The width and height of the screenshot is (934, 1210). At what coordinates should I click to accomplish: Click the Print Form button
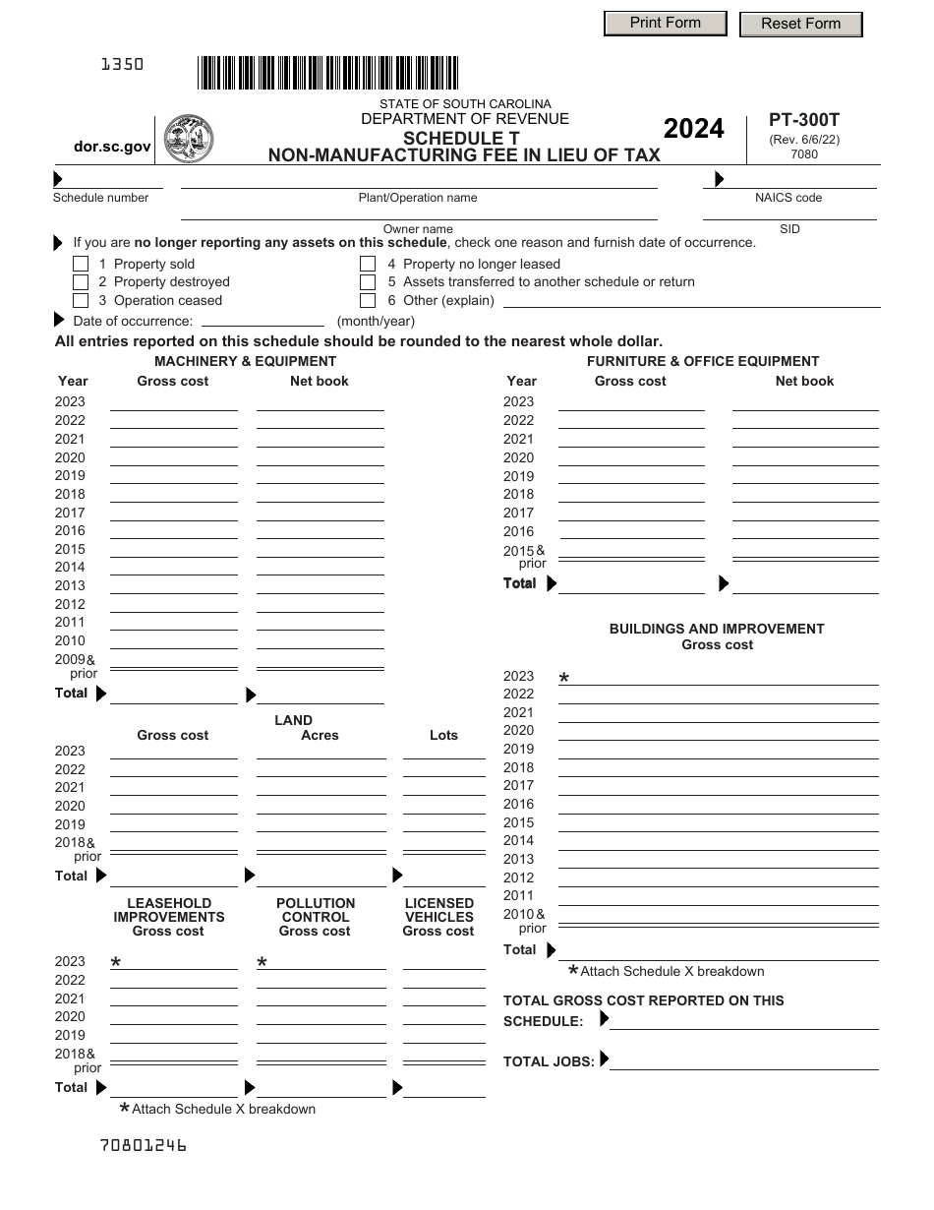pos(665,23)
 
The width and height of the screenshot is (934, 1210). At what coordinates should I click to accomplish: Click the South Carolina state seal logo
pos(188,138)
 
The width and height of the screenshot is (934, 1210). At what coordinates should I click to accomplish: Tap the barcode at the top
pos(327,74)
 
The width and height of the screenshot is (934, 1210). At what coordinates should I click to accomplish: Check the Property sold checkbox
pos(81,264)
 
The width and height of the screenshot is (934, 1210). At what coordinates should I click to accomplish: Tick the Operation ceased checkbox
pos(81,301)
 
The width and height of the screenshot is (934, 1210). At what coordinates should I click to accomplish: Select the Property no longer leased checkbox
pos(368,264)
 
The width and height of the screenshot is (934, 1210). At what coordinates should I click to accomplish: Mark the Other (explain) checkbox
pos(368,301)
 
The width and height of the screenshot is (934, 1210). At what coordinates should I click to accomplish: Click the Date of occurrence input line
pos(263,321)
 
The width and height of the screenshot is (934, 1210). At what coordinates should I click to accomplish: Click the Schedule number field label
pos(100,198)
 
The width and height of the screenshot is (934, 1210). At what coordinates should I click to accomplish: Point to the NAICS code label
pos(788,198)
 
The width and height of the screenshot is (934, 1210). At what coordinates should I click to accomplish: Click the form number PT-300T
pos(803,120)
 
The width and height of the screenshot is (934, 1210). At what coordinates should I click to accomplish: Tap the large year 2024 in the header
pos(694,129)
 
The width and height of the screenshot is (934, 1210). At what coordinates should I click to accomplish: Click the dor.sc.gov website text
pos(112,147)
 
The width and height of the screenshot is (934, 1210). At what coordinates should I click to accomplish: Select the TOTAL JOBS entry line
pos(743,1061)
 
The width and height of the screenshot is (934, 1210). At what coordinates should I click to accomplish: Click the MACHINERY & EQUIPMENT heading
pos(245,361)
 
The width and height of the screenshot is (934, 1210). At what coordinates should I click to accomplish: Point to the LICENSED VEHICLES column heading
pos(438,910)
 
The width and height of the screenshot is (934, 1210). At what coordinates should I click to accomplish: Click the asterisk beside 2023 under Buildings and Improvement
pos(564,679)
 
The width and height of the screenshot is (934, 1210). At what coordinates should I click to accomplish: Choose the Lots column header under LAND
pos(443,735)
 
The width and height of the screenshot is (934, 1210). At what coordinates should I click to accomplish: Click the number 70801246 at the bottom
pos(143,1145)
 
